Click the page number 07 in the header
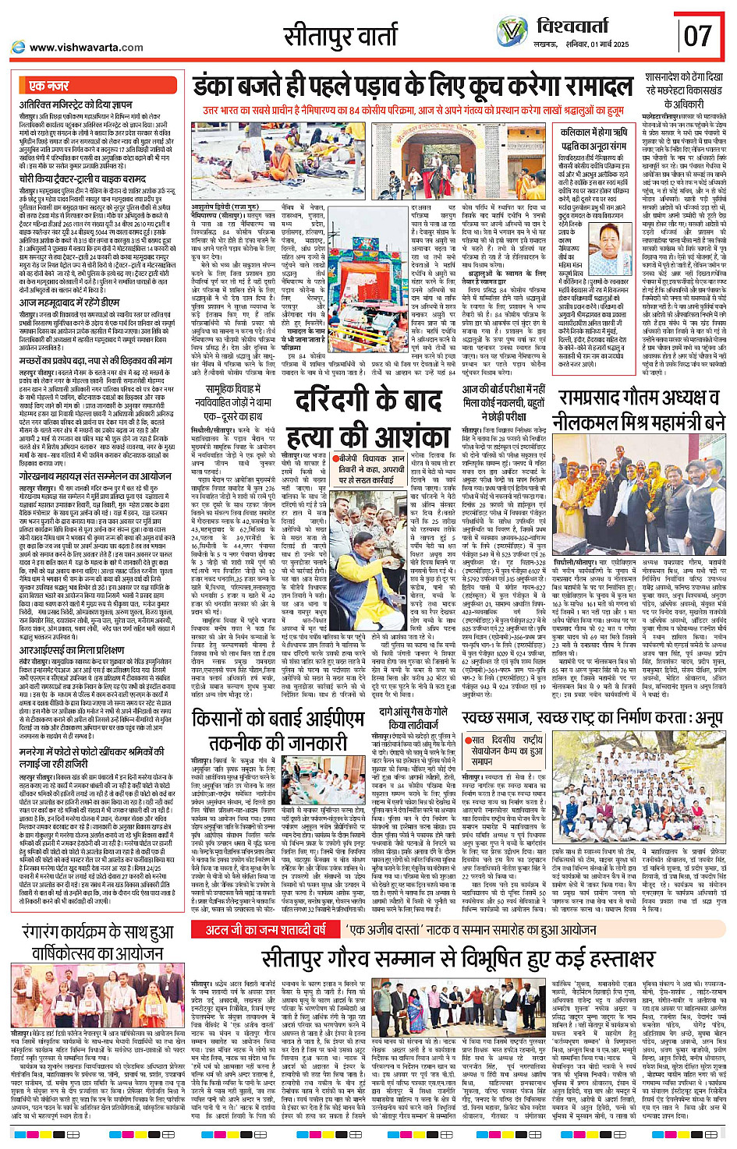click(x=698, y=35)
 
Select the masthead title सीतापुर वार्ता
click(x=341, y=36)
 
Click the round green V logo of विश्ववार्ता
click(x=512, y=32)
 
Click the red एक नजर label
click(x=49, y=86)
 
